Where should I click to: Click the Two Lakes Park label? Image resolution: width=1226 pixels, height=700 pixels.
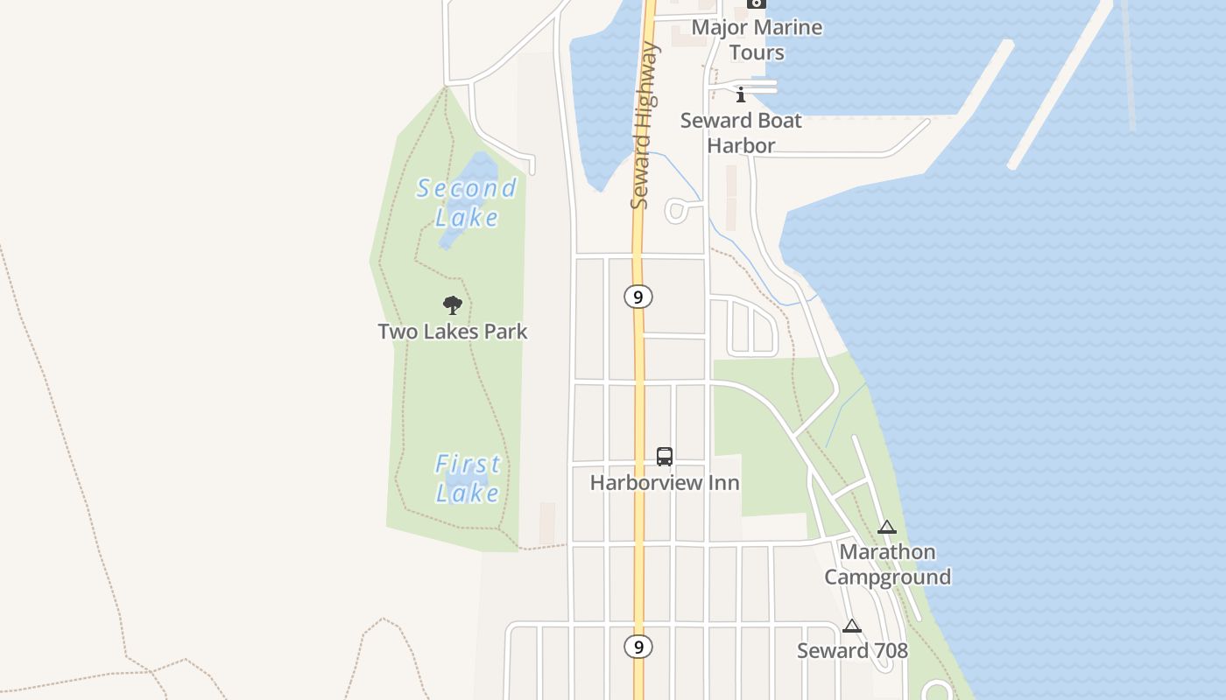(x=453, y=332)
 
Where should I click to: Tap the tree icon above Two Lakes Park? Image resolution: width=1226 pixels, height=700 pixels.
(x=453, y=305)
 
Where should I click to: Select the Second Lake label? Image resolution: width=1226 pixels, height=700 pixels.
(x=467, y=202)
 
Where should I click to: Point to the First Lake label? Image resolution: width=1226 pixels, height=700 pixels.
(x=469, y=478)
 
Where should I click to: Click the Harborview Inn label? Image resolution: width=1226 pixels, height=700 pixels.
(x=665, y=482)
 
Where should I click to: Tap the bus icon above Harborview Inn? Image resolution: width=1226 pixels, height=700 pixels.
(x=665, y=456)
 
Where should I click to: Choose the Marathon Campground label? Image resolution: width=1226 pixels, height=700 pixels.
(x=887, y=564)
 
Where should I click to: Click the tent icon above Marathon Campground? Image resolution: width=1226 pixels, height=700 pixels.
(x=887, y=527)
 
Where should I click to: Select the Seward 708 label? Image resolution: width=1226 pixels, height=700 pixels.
(x=852, y=650)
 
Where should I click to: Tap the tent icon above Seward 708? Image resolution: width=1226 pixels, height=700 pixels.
(x=852, y=626)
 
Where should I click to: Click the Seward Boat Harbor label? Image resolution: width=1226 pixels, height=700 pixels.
(x=741, y=133)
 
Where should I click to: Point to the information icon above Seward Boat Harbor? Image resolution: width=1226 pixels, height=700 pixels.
(x=741, y=94)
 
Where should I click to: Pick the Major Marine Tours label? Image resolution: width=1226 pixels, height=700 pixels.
(x=757, y=39)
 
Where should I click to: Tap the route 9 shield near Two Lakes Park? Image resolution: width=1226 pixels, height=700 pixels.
(x=638, y=297)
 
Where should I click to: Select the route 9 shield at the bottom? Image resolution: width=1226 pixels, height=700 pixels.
(x=638, y=647)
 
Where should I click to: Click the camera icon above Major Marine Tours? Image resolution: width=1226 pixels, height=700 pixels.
(x=756, y=3)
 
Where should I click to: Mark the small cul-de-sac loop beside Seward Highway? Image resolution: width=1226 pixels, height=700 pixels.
(x=676, y=210)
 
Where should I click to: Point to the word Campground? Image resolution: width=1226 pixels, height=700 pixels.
(x=887, y=577)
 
